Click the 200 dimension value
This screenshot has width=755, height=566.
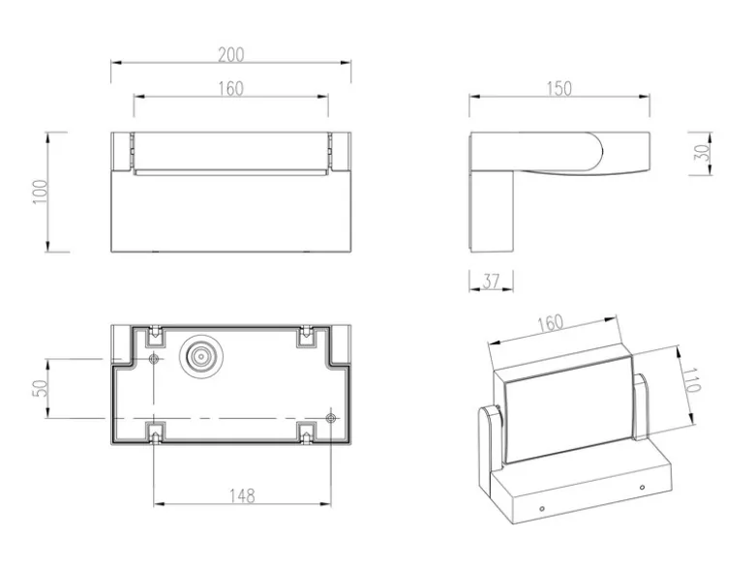[231, 54]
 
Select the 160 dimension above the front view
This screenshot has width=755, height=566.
[231, 89]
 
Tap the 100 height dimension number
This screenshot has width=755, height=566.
[41, 192]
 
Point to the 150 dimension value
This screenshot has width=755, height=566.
[559, 89]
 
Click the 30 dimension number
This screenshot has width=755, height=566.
[704, 153]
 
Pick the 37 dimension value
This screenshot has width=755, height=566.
[491, 282]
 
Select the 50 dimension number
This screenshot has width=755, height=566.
[41, 388]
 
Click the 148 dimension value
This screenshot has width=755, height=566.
[242, 495]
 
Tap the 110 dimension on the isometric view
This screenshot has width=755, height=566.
[691, 379]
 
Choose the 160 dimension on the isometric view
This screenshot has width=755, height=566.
[550, 323]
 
